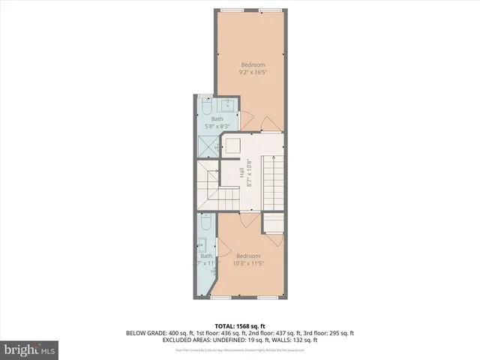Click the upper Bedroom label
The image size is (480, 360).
252,64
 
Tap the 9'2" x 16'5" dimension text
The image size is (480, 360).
252,73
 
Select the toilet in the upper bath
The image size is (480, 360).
206,109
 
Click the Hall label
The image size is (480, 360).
241,172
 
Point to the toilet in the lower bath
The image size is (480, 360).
206,223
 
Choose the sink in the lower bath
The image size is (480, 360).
202,244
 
